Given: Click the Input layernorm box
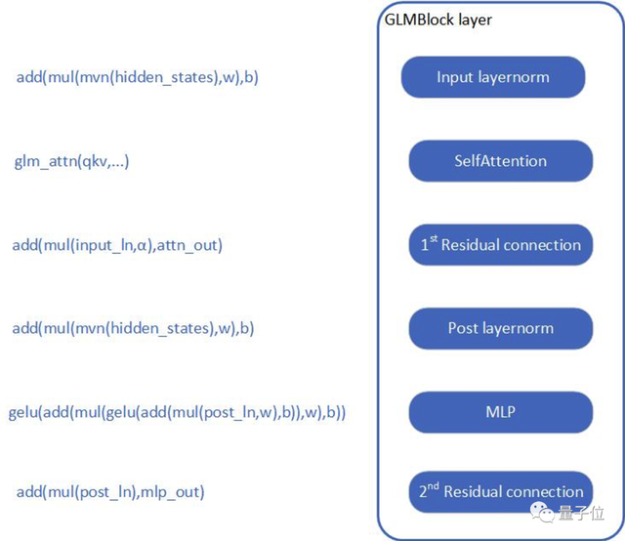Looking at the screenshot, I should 492,77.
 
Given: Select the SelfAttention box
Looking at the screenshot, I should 500,161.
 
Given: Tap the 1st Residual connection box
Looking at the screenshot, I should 500,245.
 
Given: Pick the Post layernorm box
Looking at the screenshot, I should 500,329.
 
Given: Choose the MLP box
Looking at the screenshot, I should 500,412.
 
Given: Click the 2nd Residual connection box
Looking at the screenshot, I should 500,491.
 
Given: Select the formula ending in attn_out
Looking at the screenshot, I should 117,245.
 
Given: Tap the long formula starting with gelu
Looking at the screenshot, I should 177,412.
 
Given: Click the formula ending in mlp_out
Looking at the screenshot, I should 110,491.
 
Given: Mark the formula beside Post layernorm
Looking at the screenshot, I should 133,329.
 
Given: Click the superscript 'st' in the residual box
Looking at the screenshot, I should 433,239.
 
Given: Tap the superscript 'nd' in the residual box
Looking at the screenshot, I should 434,485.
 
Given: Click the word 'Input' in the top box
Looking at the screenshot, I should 454,77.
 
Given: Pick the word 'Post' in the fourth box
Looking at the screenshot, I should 463,329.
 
